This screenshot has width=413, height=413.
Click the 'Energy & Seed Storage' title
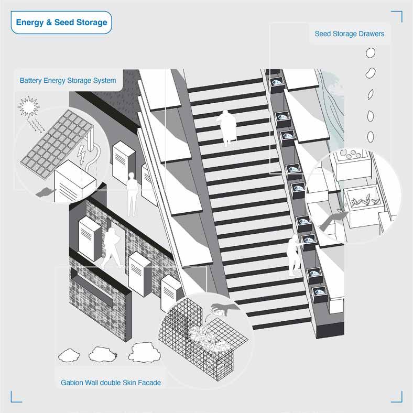[61, 23]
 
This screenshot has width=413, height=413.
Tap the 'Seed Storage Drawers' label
[349, 34]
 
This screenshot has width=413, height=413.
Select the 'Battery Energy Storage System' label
[68, 81]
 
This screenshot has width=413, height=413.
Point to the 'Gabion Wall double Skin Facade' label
[108, 383]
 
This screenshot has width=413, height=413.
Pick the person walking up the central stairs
[227, 128]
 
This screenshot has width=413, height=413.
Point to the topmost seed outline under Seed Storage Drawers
[371, 53]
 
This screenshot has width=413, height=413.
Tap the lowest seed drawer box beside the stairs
[319, 294]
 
